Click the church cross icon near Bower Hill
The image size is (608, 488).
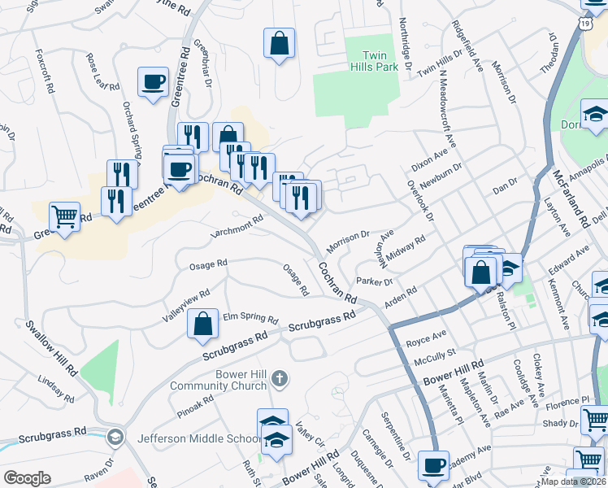click(279, 377)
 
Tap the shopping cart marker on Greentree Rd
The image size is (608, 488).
click(64, 217)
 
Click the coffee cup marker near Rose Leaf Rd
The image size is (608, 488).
click(153, 83)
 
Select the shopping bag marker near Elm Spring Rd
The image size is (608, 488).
click(202, 324)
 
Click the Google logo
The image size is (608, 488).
click(27, 478)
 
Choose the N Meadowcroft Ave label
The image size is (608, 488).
click(447, 113)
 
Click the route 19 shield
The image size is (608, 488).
click(585, 25)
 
